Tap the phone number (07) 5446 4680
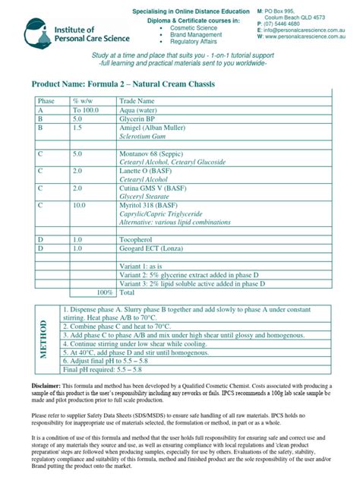point(287,24)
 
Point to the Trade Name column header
point(137,101)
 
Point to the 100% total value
point(104,292)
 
